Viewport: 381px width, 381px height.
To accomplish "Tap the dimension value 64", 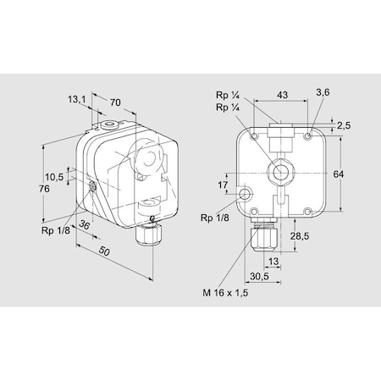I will (339, 174).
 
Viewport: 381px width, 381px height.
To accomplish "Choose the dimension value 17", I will (223, 185).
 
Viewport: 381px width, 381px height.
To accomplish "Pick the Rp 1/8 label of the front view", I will (216, 218).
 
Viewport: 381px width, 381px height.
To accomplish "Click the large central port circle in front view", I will (279, 172).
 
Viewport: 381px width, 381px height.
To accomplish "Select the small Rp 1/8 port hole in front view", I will (246, 195).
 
